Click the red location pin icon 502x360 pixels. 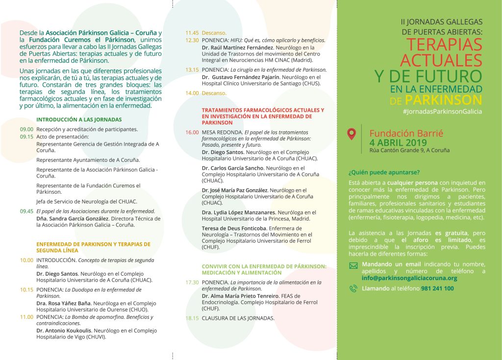tap(351, 134)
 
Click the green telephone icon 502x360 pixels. tap(353, 289)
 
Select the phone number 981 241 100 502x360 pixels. tap(437, 288)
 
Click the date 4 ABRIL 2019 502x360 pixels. tap(398, 142)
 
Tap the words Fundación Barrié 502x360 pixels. tap(406, 133)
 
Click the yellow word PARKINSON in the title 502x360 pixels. tap(443, 100)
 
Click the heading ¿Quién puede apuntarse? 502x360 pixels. tap(384, 172)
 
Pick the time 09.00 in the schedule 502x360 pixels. tap(27, 129)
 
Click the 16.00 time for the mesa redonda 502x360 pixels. tap(192, 132)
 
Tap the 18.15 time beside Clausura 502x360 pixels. tap(192, 318)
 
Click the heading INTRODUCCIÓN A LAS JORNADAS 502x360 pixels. tap(79, 119)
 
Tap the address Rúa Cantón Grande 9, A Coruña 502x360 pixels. tap(409, 150)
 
